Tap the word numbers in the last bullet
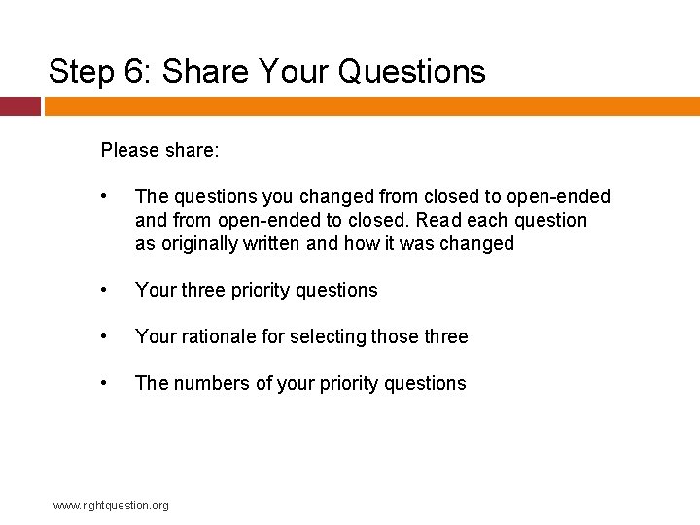tap(210, 384)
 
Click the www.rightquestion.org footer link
tap(111, 506)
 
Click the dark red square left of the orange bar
tap(19, 106)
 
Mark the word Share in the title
tap(203, 72)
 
